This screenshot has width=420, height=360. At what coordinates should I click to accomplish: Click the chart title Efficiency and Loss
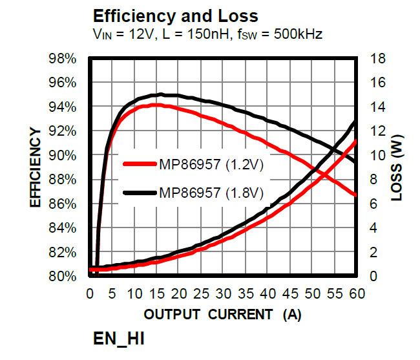(175, 16)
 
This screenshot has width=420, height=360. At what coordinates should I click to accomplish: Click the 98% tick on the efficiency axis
(63, 59)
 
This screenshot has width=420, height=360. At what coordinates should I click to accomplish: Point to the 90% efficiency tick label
(63, 156)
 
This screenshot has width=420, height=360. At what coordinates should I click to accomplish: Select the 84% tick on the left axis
(63, 228)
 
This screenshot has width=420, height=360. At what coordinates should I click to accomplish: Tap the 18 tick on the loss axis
(378, 59)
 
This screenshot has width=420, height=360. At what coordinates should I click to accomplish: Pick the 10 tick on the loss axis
(378, 156)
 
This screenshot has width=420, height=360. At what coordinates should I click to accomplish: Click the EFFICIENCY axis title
(36, 167)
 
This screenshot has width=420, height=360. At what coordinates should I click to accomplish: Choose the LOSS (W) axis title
(399, 167)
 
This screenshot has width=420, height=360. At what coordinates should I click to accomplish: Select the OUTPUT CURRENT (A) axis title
(222, 315)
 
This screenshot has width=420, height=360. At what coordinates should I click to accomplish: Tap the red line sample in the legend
(140, 164)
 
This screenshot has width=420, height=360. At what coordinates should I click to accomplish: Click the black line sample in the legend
(140, 192)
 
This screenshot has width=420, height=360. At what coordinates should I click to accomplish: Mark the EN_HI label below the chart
(123, 339)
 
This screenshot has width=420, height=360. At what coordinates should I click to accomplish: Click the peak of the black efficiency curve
(161, 94)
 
